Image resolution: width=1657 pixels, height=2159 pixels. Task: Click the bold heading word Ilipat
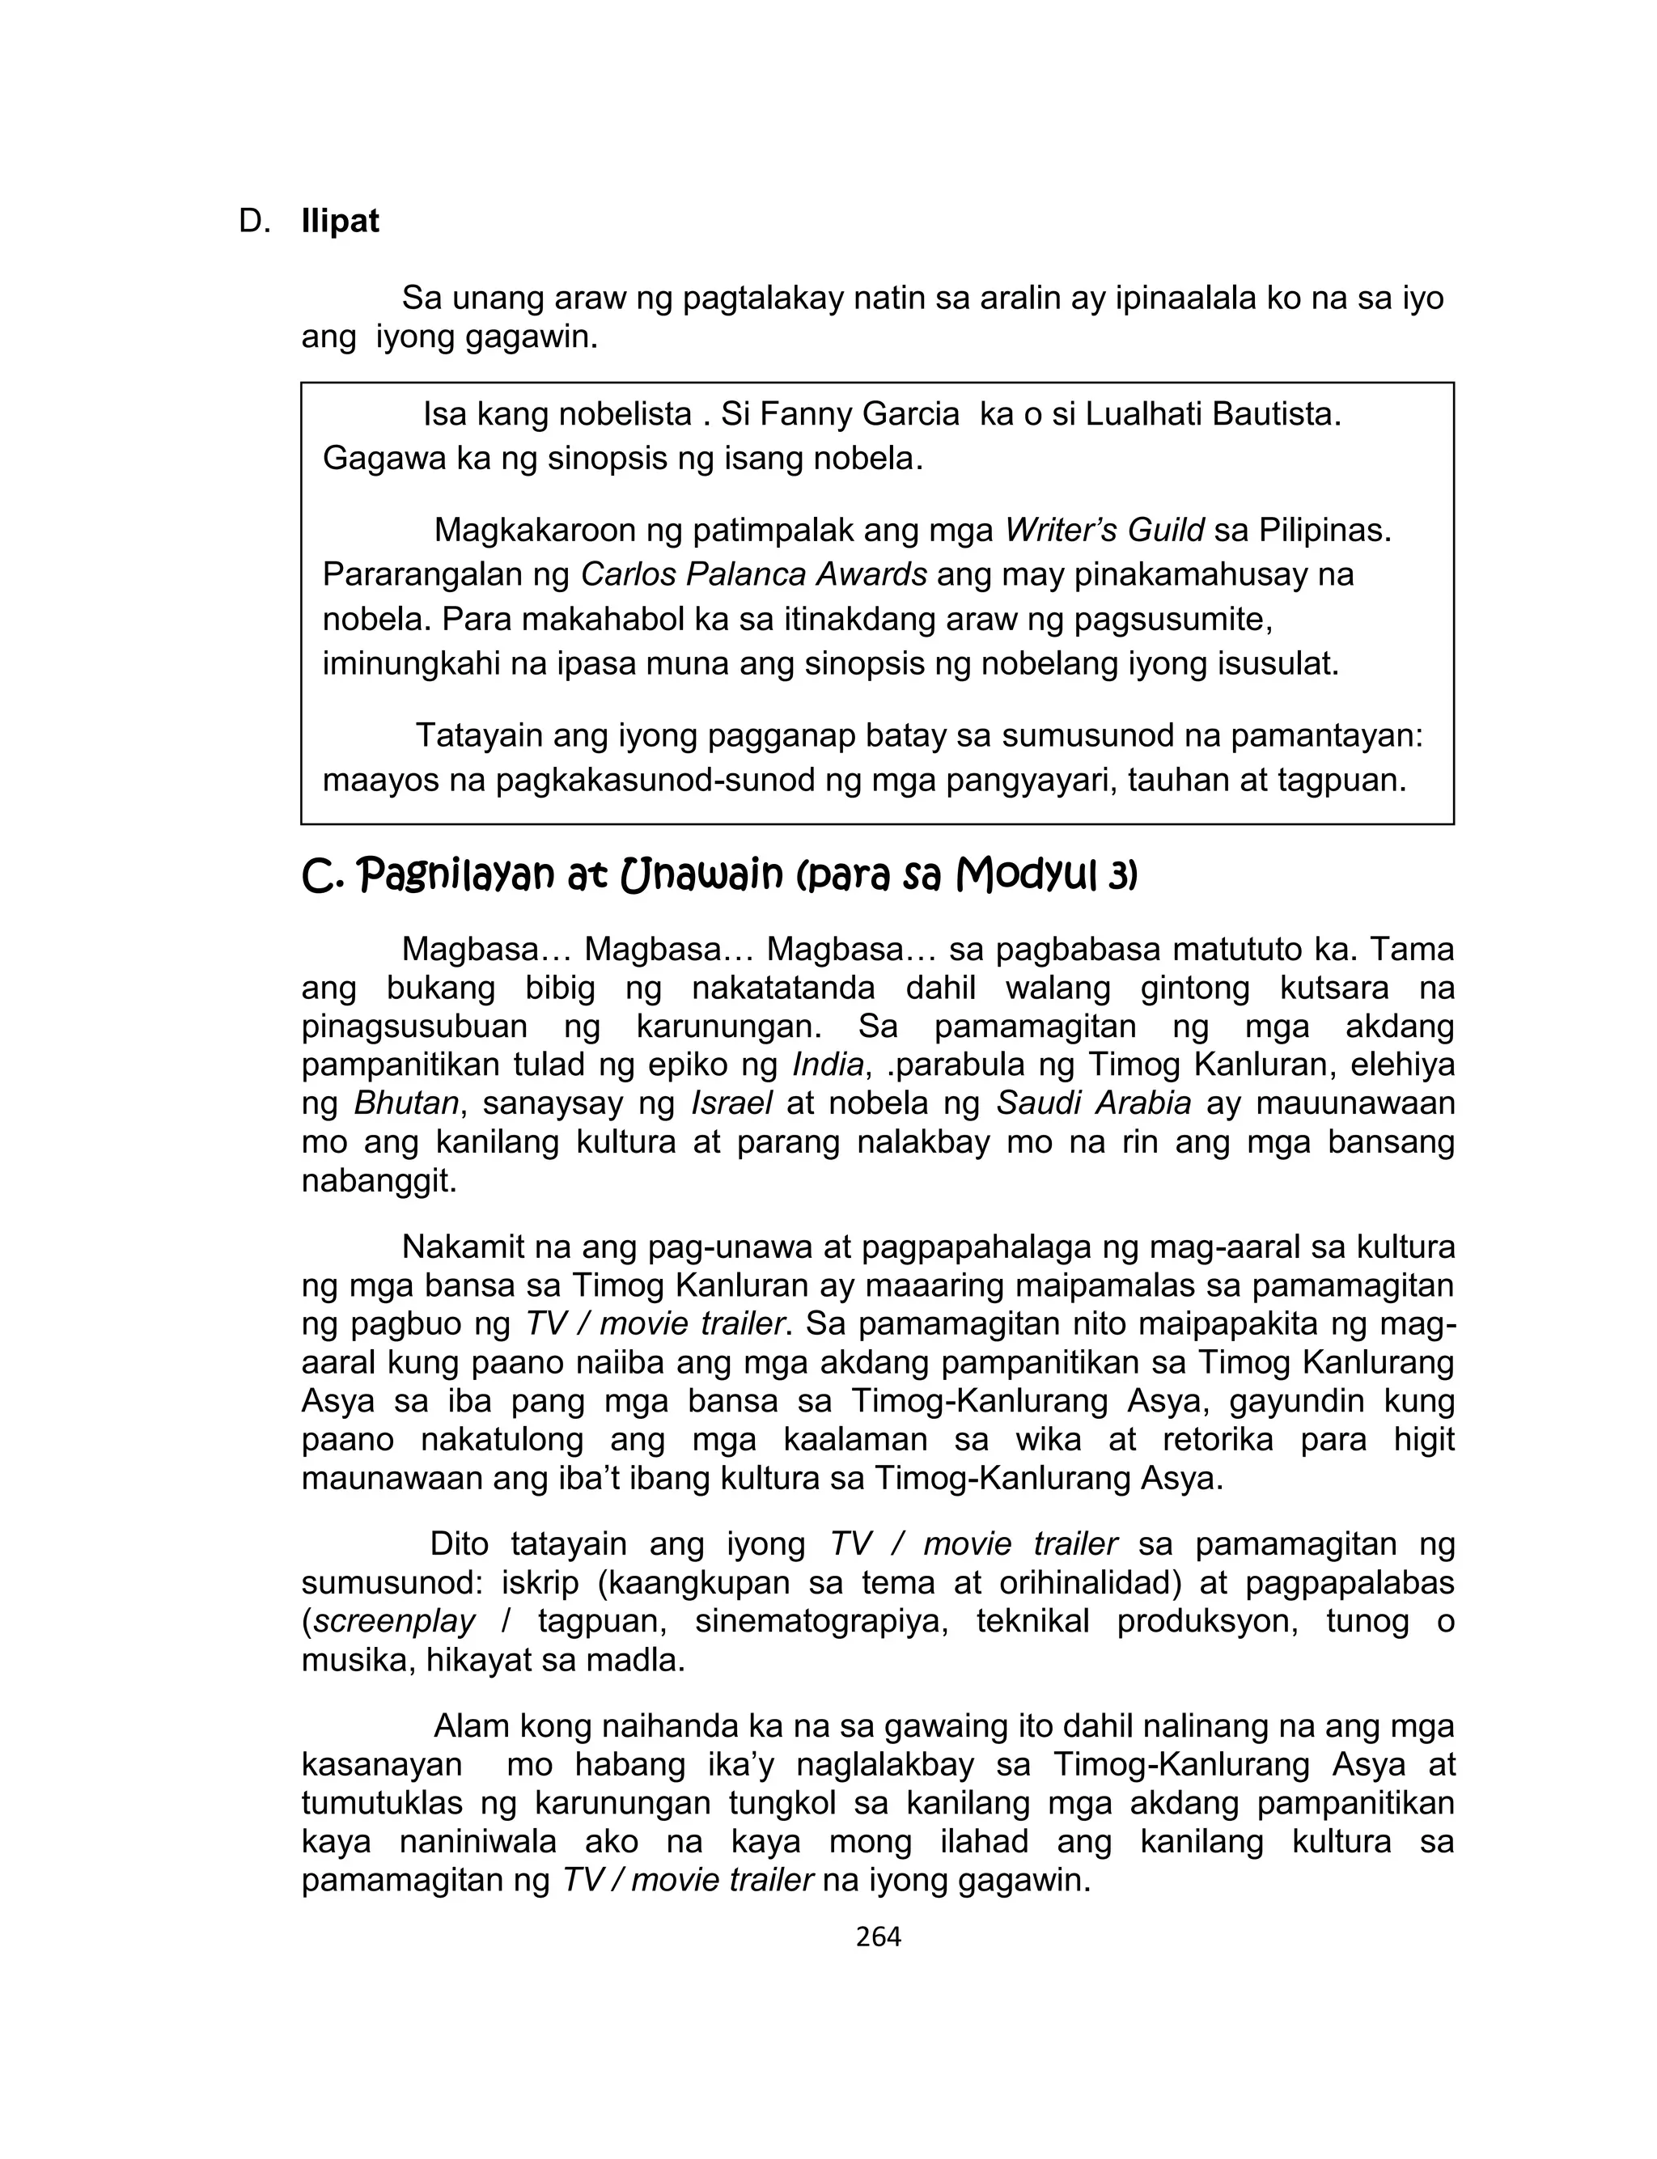click(341, 222)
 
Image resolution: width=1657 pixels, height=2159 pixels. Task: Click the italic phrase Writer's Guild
click(1104, 531)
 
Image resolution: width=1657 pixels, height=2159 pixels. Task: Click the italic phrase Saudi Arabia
click(1094, 1104)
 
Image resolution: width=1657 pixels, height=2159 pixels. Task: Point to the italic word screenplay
click(395, 1622)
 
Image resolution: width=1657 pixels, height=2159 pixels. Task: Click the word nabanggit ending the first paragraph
click(379, 1181)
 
